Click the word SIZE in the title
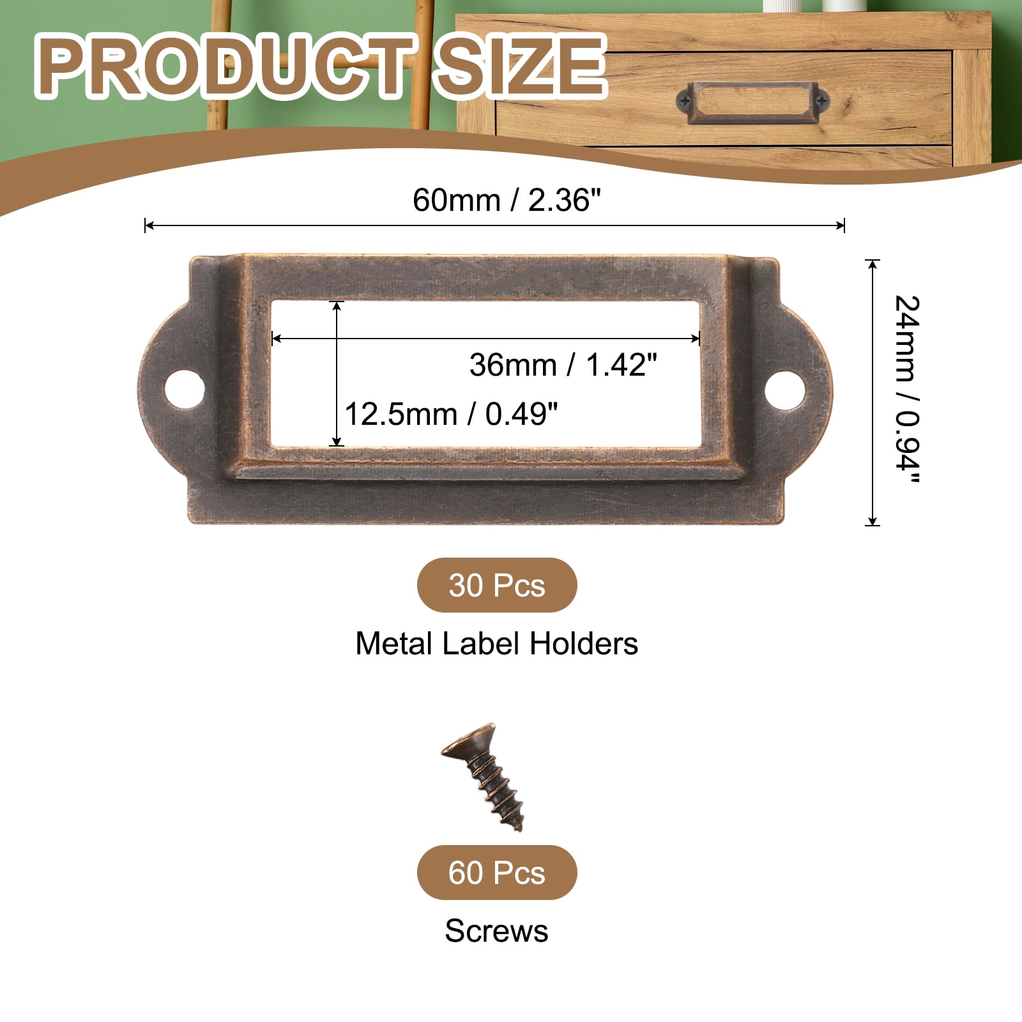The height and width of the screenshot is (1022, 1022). coord(519,66)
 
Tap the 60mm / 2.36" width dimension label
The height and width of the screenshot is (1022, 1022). coord(507,200)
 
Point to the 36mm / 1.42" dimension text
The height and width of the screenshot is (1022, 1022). coord(563,365)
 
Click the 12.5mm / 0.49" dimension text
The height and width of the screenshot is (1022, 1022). coord(451,414)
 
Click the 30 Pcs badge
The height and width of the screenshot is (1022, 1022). coord(497,585)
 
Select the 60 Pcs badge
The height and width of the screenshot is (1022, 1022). coord(497,873)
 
